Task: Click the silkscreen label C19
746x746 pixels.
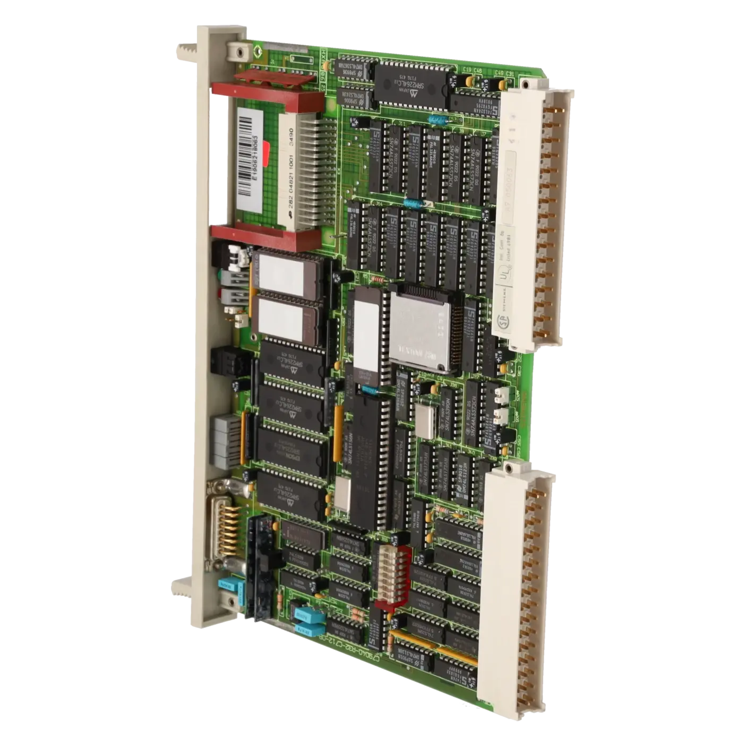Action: click(467, 70)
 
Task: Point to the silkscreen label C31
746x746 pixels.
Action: click(510, 74)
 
